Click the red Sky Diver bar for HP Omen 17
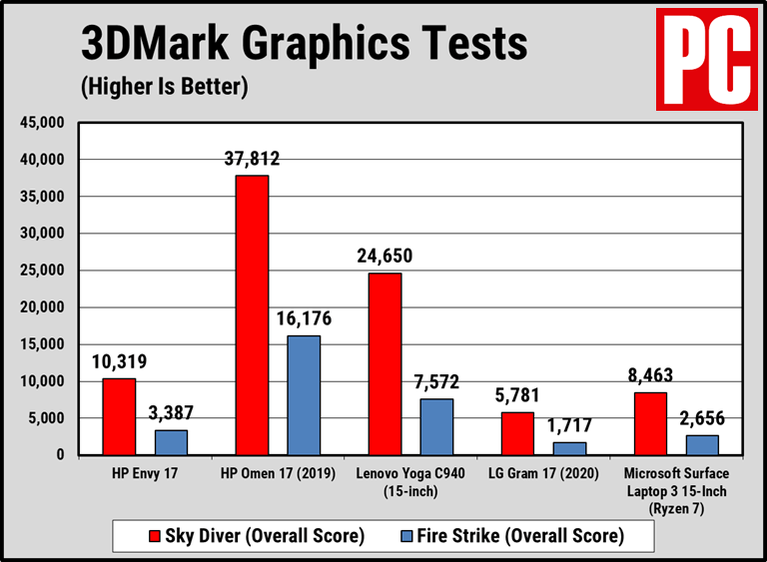click(252, 315)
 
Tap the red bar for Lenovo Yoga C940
click(384, 363)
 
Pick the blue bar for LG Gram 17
click(570, 448)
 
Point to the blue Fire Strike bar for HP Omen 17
click(304, 395)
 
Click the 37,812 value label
click(252, 158)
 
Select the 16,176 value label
click(304, 319)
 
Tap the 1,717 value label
click(570, 426)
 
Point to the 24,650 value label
click(384, 256)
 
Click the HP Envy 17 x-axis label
click(145, 472)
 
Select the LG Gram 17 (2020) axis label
click(543, 472)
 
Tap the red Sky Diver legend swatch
click(127, 536)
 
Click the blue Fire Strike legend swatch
click(392, 536)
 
